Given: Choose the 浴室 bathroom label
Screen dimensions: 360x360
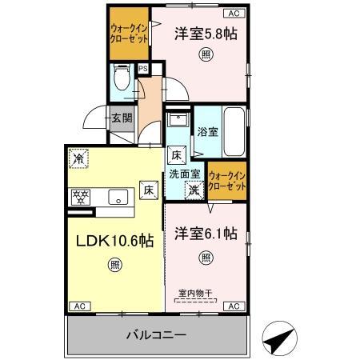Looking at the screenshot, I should [x=208, y=131].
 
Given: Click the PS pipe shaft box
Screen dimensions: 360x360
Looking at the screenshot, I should [x=142, y=69].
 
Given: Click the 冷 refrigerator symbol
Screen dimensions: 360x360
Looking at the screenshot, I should [x=78, y=159].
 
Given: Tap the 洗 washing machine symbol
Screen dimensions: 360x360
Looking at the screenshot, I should [x=194, y=190].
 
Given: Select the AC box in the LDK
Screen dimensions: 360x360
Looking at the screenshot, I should [x=79, y=306].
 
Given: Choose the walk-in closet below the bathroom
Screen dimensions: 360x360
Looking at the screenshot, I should [x=226, y=180].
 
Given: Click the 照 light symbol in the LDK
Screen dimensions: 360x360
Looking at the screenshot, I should [x=115, y=265].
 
